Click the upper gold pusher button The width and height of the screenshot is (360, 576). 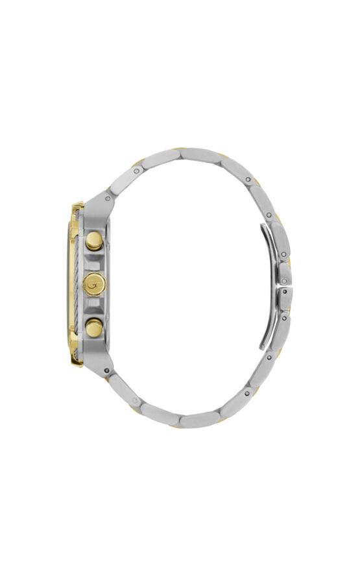[95, 241]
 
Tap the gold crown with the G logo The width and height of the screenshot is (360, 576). [94, 283]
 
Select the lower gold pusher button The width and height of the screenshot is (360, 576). [95, 328]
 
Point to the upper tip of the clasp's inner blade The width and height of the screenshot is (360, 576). [262, 227]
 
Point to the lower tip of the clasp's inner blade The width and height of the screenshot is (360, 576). [263, 348]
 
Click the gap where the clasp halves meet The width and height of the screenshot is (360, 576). [285, 285]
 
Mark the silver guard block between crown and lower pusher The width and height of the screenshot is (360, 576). [96, 306]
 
